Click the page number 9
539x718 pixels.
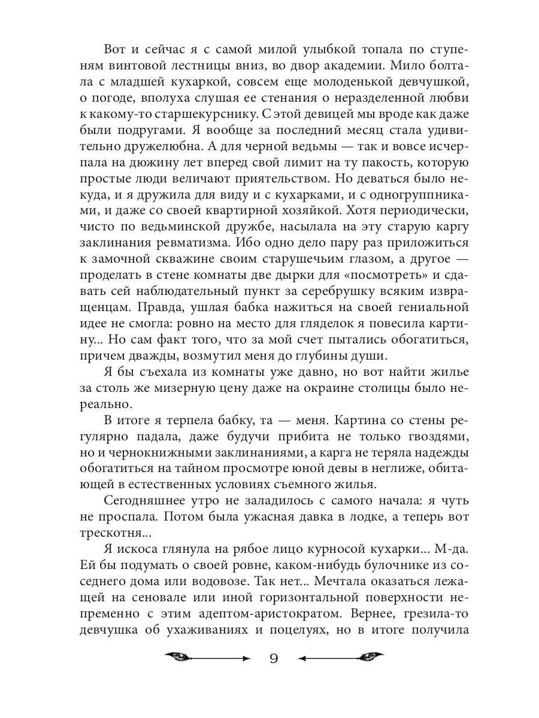click(x=273, y=659)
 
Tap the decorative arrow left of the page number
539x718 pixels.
click(x=207, y=658)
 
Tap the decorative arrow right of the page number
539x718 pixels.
click(x=341, y=658)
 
